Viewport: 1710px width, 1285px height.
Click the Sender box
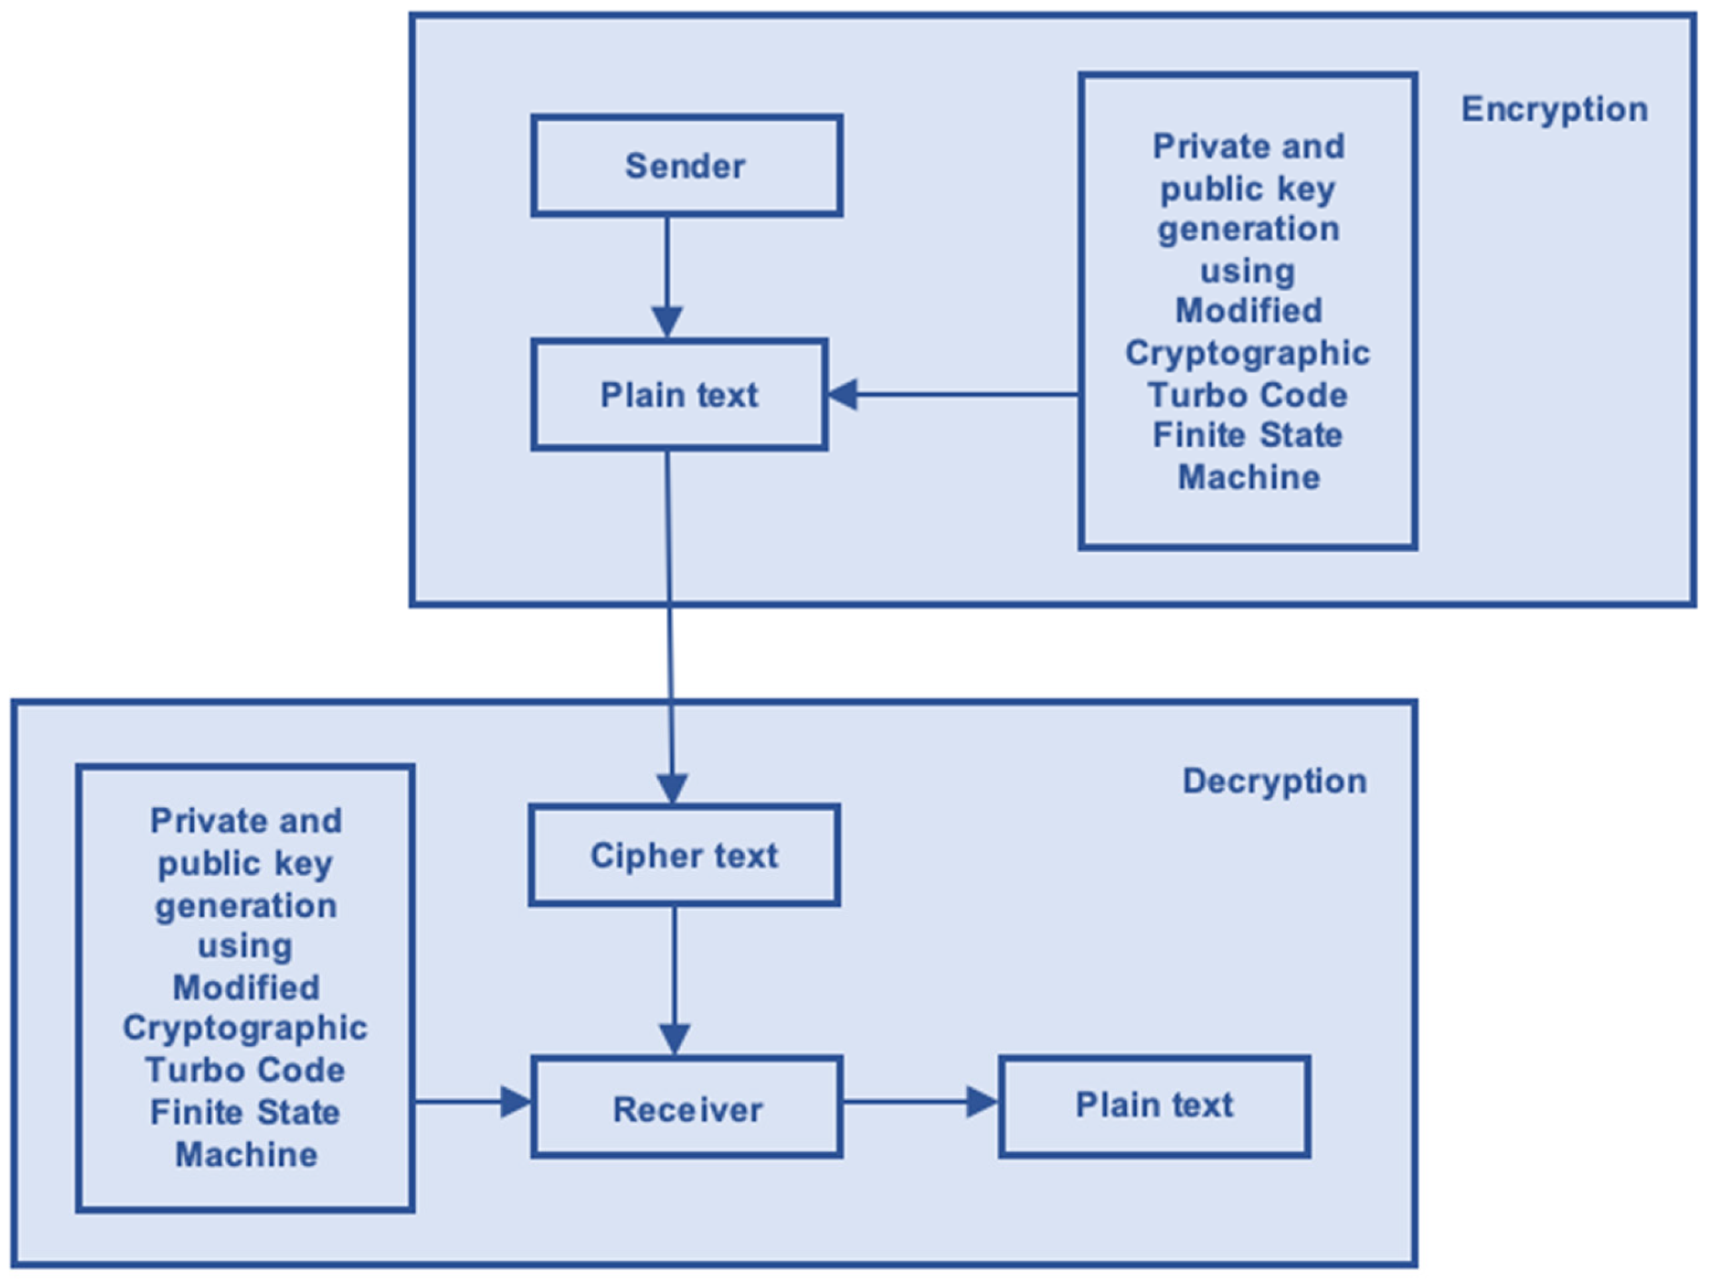point(686,165)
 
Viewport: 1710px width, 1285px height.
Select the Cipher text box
point(684,855)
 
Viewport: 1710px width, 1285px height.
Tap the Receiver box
point(686,1109)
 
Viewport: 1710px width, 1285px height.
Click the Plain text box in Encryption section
point(678,394)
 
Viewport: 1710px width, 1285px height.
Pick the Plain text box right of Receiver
point(1154,1105)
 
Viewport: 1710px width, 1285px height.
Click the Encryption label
point(1554,109)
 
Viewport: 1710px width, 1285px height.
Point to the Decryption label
point(1275,781)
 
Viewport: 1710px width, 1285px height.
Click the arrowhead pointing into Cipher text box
point(672,789)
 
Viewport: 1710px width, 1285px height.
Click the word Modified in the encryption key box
point(1249,311)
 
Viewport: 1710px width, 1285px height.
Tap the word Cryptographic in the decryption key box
point(245,1028)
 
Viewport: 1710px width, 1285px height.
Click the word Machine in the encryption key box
point(1249,477)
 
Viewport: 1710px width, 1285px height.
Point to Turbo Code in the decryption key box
point(245,1070)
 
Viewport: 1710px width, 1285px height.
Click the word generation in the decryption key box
point(245,905)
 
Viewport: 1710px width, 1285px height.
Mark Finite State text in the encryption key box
point(1247,435)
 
